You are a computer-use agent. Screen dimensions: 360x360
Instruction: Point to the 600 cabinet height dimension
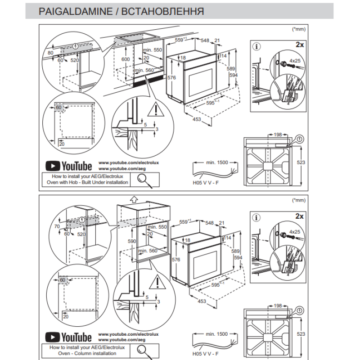click(x=125, y=59)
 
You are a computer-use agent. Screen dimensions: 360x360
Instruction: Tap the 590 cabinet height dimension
click(x=132, y=242)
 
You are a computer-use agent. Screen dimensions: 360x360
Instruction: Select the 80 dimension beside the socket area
click(x=50, y=53)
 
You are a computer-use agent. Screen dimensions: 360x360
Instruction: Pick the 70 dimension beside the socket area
click(x=56, y=227)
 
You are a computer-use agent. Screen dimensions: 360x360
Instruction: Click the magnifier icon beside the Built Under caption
click(x=144, y=179)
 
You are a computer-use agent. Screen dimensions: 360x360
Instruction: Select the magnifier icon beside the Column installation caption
click(x=144, y=351)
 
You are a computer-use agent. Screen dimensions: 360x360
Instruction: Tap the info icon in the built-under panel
click(x=256, y=45)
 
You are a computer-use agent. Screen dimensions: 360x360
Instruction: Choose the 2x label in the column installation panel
click(x=299, y=216)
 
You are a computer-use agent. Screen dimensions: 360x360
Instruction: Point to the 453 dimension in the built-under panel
click(x=197, y=119)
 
